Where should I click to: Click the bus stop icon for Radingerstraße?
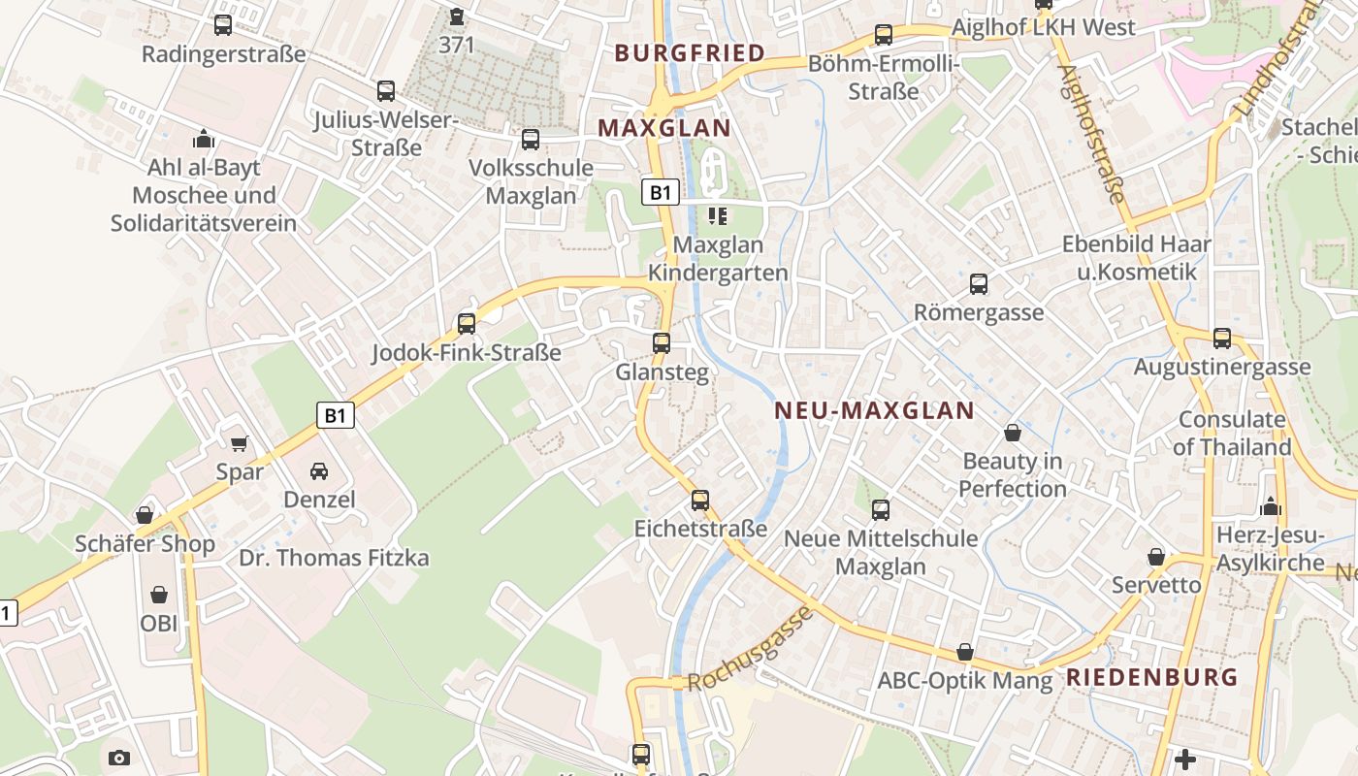(x=223, y=25)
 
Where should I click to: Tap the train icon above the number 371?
(x=457, y=16)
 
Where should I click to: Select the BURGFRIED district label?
(x=690, y=53)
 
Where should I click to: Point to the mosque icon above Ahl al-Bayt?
(x=204, y=139)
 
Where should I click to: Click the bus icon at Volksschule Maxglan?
(x=531, y=140)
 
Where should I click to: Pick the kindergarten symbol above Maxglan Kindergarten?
(x=718, y=215)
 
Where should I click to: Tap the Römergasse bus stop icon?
(x=979, y=284)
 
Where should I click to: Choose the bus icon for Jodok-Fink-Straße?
(x=467, y=324)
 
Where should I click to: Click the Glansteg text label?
(x=663, y=372)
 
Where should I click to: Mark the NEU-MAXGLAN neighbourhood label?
(x=874, y=410)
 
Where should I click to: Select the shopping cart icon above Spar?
(x=240, y=443)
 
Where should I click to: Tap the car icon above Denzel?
(x=319, y=471)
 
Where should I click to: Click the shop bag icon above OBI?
(x=159, y=594)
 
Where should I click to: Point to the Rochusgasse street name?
(x=750, y=649)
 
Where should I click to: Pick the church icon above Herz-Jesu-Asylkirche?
(x=1271, y=506)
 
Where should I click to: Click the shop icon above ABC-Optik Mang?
(x=965, y=652)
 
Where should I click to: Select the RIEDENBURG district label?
(x=1152, y=677)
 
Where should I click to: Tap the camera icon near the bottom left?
(x=119, y=758)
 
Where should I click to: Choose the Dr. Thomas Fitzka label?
(x=334, y=558)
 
